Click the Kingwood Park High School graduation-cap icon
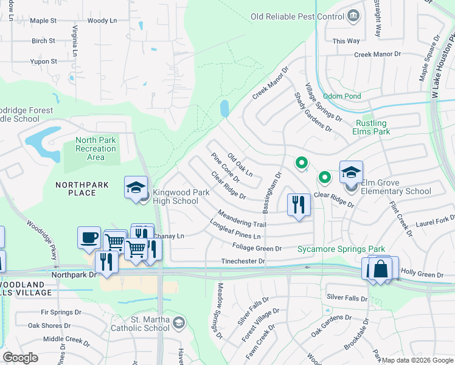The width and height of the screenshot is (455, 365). tap(136, 187)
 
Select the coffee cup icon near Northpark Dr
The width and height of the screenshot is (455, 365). tap(89, 237)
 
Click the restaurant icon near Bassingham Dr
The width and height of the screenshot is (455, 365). tap(298, 204)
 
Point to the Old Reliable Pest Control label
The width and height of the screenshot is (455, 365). tap(297, 16)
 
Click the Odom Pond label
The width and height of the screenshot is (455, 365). tap(342, 96)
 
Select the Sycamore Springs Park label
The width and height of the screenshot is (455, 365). tap(341, 249)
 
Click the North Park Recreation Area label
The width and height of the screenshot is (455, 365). tap(96, 148)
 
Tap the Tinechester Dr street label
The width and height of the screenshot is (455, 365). tap(243, 262)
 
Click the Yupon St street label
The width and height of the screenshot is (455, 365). tap(44, 61)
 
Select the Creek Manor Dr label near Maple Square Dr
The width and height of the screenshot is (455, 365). tap(379, 55)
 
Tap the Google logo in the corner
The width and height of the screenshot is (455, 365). tap(21, 358)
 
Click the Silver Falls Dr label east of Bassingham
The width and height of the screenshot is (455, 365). tap(347, 297)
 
